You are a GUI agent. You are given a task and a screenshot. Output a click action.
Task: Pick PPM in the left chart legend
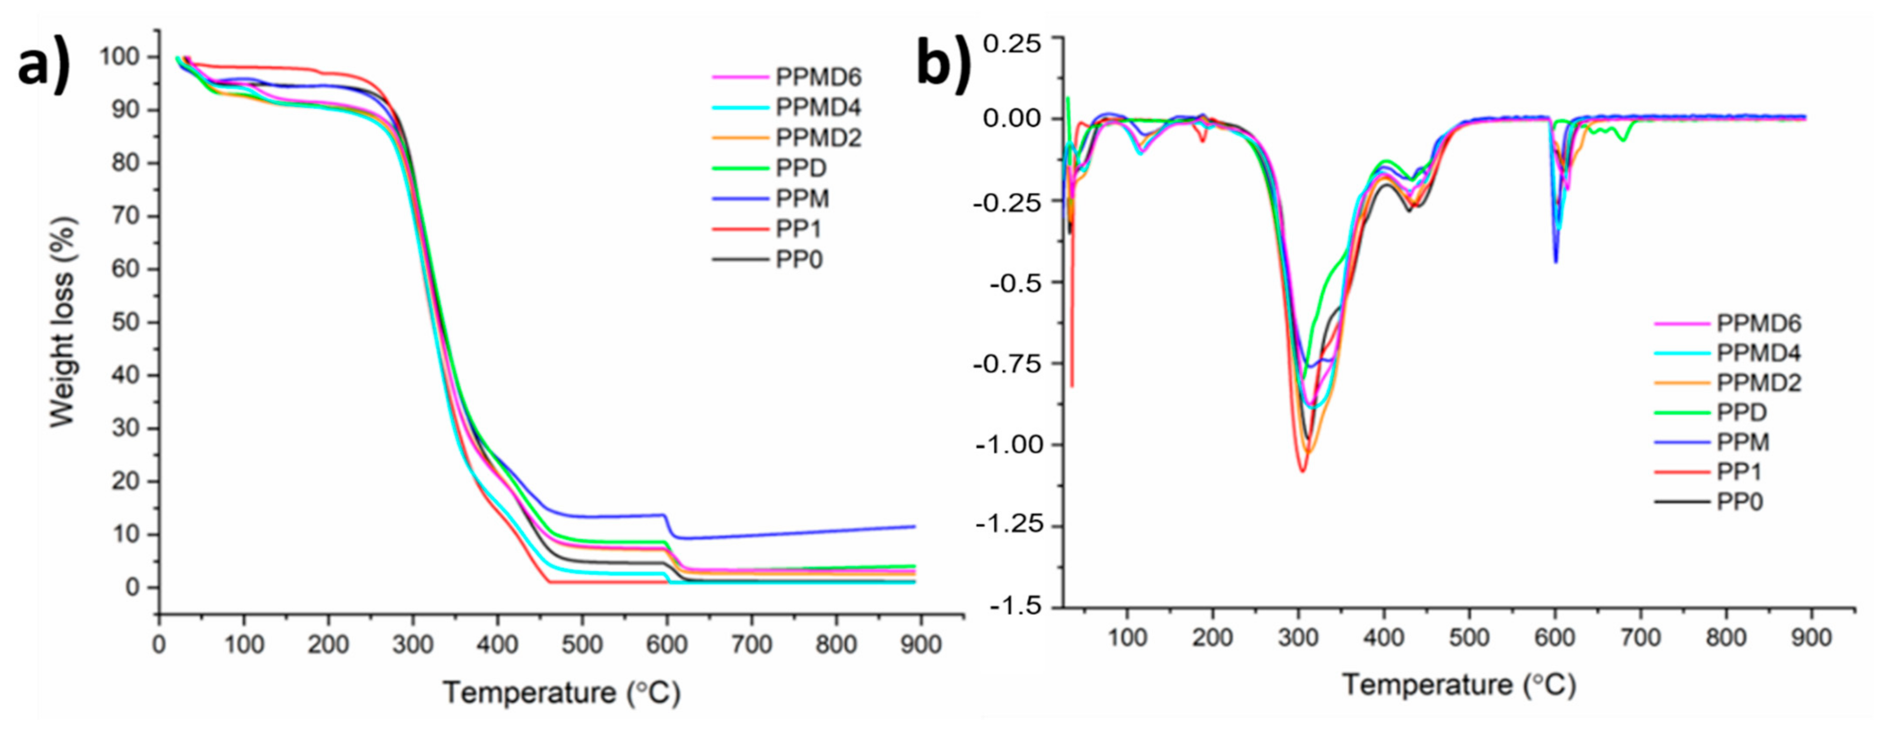(x=802, y=199)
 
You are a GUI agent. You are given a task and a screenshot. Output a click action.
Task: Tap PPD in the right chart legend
(x=1741, y=413)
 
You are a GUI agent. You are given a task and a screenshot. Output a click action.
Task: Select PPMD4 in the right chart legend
(x=1758, y=353)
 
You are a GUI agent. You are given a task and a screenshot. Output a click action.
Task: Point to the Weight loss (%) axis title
(x=63, y=323)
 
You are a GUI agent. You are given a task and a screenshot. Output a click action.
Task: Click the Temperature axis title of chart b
(x=1459, y=685)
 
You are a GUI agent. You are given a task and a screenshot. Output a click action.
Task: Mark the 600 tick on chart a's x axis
(x=666, y=645)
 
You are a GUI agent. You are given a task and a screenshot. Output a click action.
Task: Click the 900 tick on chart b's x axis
(x=1810, y=637)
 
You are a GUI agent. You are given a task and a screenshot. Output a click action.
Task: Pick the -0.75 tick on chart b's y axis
(x=1007, y=364)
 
